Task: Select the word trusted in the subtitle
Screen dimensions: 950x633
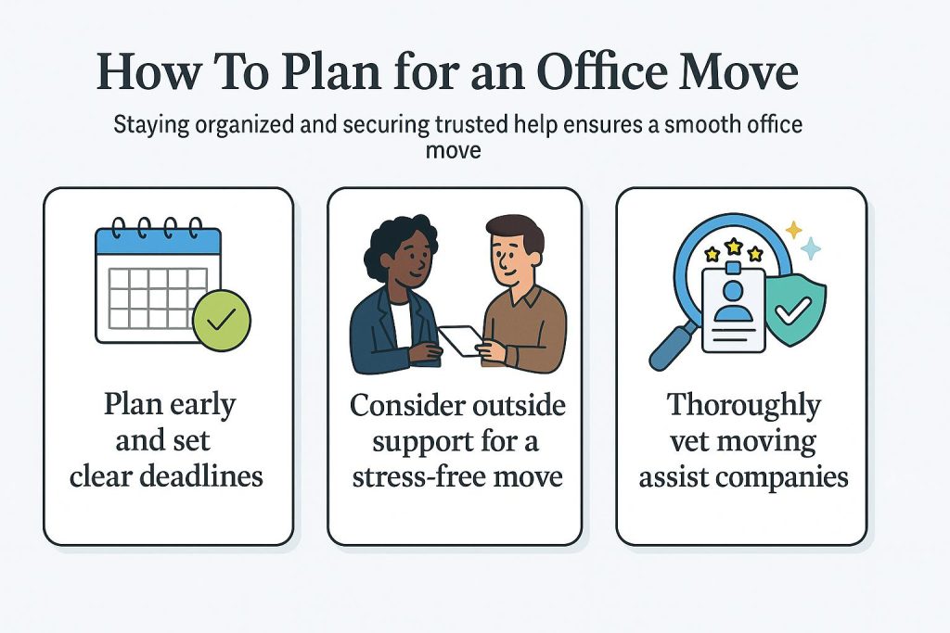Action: coord(471,124)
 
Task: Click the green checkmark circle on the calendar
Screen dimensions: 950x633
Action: coord(222,320)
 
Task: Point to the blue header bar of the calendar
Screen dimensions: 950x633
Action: coord(158,241)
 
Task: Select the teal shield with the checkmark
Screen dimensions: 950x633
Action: coord(795,310)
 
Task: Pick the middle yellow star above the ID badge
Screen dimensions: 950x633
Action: coord(734,247)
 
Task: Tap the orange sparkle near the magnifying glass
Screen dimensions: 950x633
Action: coord(794,230)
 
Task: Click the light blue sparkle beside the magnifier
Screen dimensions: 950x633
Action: coord(811,248)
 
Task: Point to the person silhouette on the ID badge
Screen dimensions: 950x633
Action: coord(733,301)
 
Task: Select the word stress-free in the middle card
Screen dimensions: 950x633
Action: coord(417,477)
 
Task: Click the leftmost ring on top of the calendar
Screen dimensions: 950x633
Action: coord(119,229)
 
